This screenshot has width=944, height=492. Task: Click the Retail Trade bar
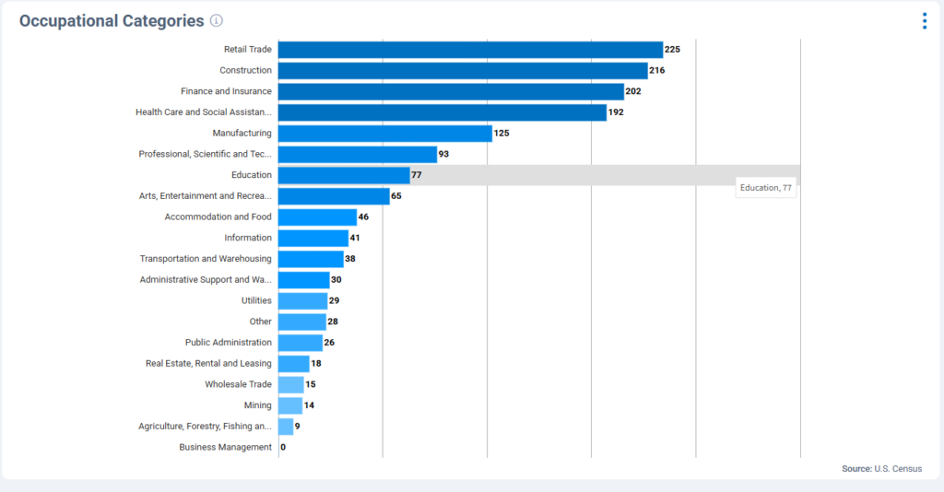pyautogui.click(x=470, y=50)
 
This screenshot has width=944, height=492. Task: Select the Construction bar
pyautogui.click(x=463, y=71)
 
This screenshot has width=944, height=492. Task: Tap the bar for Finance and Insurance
pyautogui.click(x=451, y=91)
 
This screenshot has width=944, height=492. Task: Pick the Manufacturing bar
pyautogui.click(x=385, y=134)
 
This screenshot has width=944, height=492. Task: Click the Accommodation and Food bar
pyautogui.click(x=317, y=217)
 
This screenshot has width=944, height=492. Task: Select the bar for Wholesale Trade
pyautogui.click(x=291, y=384)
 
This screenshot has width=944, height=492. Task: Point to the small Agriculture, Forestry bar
pyautogui.click(x=286, y=427)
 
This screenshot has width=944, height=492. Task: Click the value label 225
pyautogui.click(x=673, y=50)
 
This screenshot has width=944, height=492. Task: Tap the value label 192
pyautogui.click(x=616, y=112)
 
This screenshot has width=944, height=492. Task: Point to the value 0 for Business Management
pyautogui.click(x=283, y=448)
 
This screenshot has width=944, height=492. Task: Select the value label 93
pyautogui.click(x=443, y=154)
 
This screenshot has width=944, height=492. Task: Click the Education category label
pyautogui.click(x=252, y=175)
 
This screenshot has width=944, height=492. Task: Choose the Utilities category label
pyautogui.click(x=256, y=300)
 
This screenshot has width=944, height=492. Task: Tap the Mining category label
pyautogui.click(x=258, y=405)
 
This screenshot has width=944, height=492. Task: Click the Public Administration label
pyautogui.click(x=229, y=343)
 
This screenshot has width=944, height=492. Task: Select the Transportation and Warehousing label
pyautogui.click(x=206, y=259)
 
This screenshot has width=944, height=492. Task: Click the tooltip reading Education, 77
pyautogui.click(x=765, y=188)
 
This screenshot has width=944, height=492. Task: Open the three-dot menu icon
pyautogui.click(x=925, y=21)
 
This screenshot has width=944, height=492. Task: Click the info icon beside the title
pyautogui.click(x=217, y=21)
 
